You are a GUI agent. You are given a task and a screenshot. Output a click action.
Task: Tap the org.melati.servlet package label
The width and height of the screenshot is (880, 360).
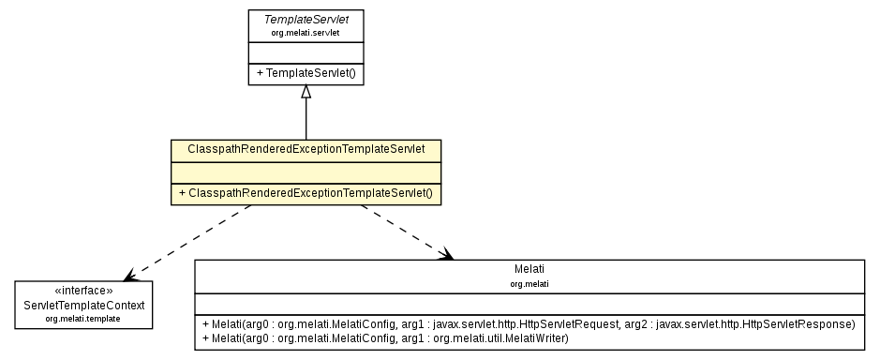pos(306,33)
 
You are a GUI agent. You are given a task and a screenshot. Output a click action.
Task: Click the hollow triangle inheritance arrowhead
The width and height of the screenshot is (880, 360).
pos(306,92)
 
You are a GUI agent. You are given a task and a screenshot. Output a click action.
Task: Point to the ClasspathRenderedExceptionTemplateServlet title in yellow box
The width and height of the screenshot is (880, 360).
pos(306,149)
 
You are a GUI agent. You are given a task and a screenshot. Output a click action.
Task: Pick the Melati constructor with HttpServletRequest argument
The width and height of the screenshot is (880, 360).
pos(528,324)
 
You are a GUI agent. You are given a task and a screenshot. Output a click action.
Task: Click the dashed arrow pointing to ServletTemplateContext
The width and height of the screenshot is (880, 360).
pos(187,242)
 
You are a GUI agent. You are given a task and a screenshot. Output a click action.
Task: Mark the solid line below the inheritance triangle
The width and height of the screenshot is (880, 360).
pos(306,120)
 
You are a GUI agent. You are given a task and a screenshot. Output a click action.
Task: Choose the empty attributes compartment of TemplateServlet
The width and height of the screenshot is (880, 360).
pos(306,51)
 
